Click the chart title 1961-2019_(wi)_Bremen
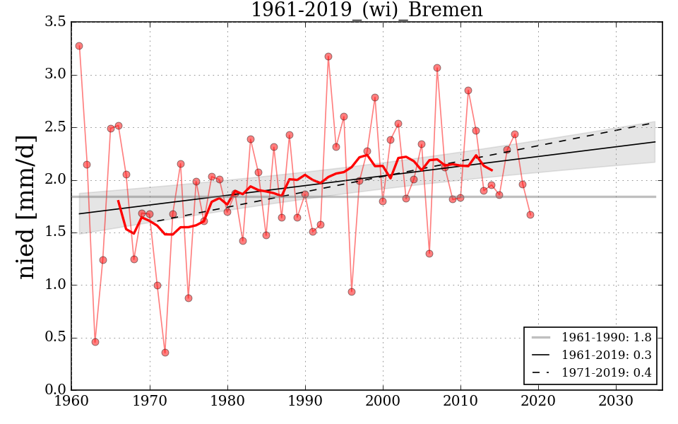tap(367, 10)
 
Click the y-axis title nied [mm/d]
tap(27, 206)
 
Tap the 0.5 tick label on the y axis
tap(55, 338)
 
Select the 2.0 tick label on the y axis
tap(55, 180)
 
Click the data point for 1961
tap(79, 46)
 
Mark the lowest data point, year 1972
tap(165, 353)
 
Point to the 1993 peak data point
tap(328, 57)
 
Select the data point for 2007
tap(437, 68)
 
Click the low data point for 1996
tap(352, 292)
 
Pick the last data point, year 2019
tap(530, 215)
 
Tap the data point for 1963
tap(95, 342)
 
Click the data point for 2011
tap(468, 90)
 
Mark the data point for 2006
tap(429, 254)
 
